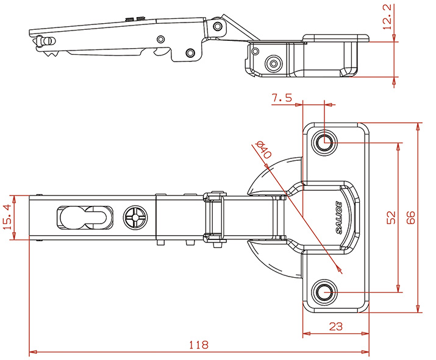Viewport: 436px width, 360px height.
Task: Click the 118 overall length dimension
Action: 198,345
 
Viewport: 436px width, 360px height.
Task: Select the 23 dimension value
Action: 335,326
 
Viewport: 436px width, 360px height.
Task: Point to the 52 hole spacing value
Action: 391,218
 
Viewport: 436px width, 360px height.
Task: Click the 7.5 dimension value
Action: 282,97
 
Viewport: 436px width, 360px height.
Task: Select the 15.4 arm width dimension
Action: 16,217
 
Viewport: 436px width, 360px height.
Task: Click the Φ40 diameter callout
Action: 263,150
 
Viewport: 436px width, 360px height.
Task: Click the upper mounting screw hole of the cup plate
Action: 325,143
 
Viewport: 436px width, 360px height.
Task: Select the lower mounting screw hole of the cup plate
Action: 325,293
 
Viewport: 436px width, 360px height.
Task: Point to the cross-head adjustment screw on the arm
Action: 134,217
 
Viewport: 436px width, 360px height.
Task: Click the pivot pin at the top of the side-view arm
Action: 216,25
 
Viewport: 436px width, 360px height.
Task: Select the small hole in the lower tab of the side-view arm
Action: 190,53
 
